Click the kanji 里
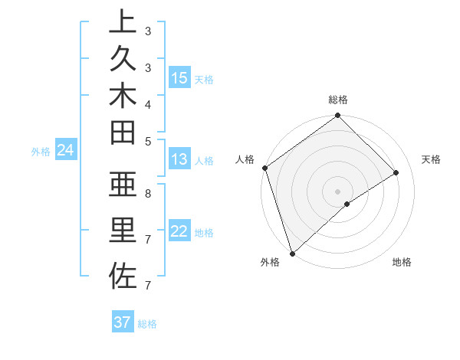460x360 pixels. coord(122,231)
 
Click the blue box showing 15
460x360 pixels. coord(179,77)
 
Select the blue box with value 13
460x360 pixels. coord(179,159)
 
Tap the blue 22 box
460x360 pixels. coord(179,232)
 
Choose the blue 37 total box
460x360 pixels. coord(123,322)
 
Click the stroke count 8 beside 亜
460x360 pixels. coord(148,194)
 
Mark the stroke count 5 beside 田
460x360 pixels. coord(148,140)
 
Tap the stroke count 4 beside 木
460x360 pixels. coord(148,103)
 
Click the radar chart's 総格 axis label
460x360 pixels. coord(337,100)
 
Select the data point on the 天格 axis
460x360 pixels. coord(396,172)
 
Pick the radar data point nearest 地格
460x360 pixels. coord(347,204)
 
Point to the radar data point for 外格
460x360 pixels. coord(292,253)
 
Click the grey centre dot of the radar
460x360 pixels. coord(337,191)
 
